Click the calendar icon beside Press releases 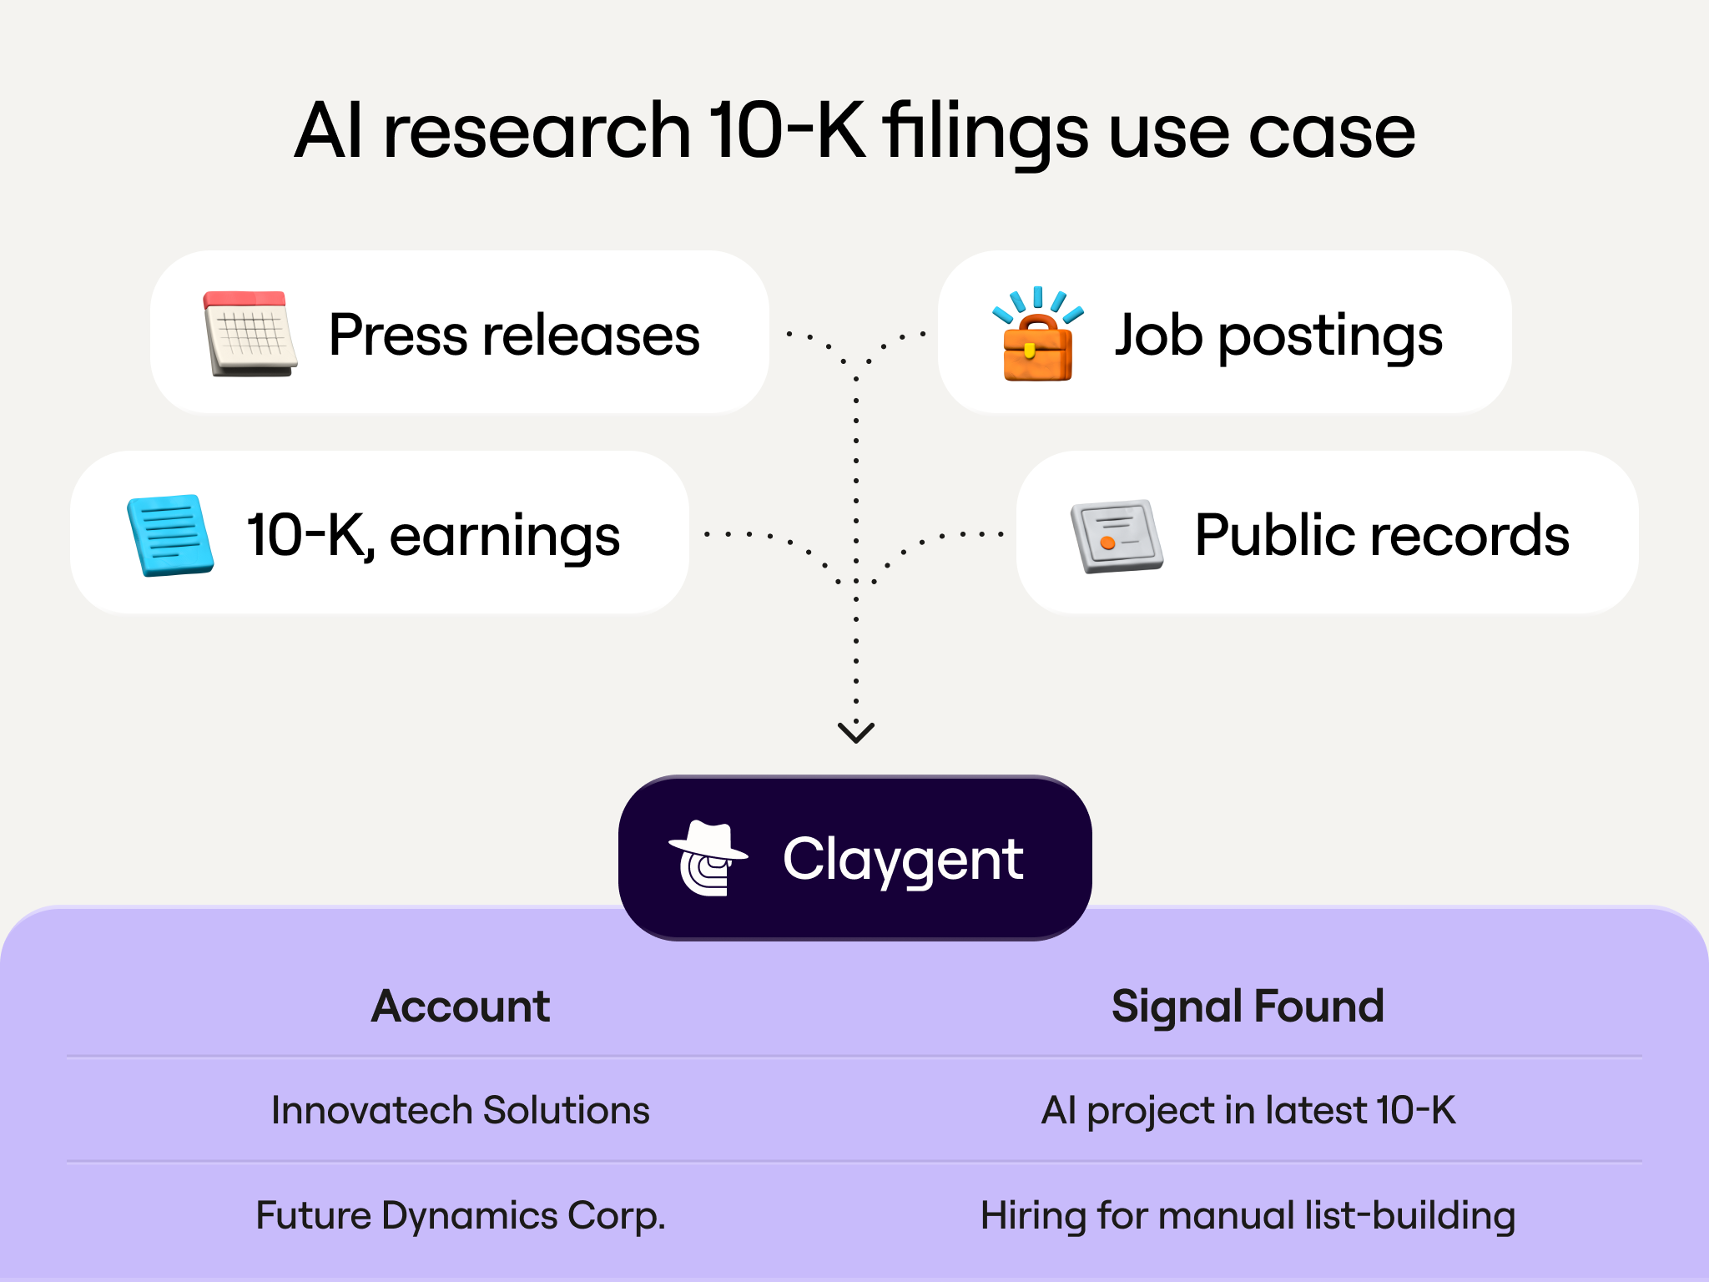(x=250, y=334)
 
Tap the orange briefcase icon (x=1038, y=335)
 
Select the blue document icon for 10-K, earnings (x=170, y=535)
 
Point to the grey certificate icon (x=1117, y=536)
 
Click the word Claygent (x=903, y=860)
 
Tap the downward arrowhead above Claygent (x=856, y=732)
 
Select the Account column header (x=461, y=1006)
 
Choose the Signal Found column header (x=1248, y=1007)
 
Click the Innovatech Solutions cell (x=461, y=1110)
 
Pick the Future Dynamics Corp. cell (x=461, y=1215)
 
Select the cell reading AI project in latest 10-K (x=1248, y=1111)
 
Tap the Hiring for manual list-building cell (x=1248, y=1216)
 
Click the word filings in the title (x=986, y=132)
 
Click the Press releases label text (x=514, y=335)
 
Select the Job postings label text (x=1278, y=336)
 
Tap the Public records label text (x=1382, y=535)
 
